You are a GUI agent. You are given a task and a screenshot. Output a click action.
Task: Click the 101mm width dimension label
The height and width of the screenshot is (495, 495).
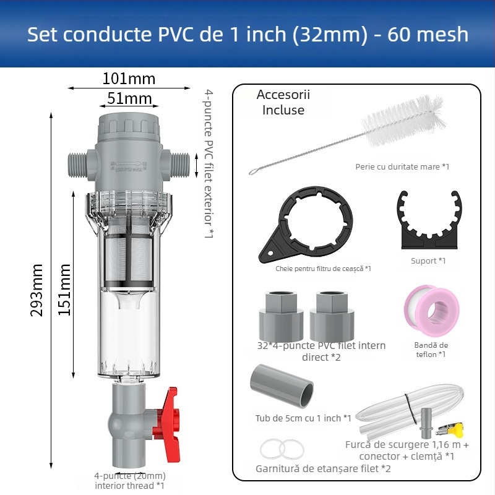coord(129,79)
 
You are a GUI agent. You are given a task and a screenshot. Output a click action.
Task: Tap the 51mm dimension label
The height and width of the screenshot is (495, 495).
coord(129,98)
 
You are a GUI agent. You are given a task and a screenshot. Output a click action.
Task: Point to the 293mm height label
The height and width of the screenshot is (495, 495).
coord(38,289)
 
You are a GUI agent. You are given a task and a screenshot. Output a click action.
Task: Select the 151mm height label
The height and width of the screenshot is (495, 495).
coord(64,289)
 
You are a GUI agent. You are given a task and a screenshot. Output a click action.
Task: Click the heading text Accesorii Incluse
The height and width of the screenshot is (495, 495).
coord(283,102)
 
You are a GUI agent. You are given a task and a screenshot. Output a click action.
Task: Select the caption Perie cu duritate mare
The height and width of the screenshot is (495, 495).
coord(402,166)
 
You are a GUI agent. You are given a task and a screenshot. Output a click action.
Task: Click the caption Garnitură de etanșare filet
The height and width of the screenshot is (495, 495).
coord(323,468)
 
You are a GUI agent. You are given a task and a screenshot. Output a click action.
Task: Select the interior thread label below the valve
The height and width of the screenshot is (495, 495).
coord(129,481)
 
